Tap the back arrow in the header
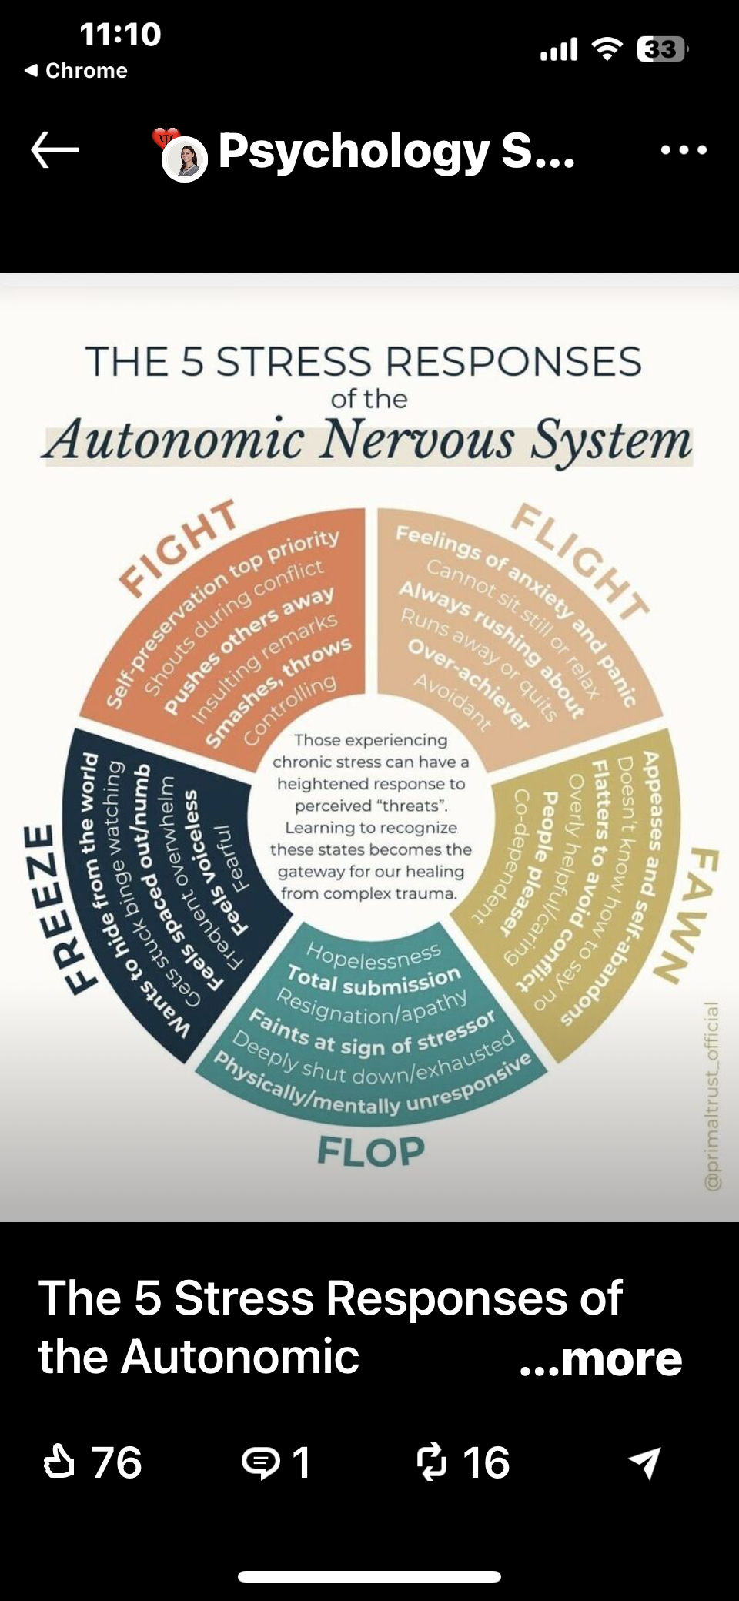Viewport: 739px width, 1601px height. coord(55,149)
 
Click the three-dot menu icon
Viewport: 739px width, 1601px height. coord(684,150)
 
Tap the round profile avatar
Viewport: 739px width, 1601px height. coord(185,159)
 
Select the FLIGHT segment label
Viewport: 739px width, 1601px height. coord(581,560)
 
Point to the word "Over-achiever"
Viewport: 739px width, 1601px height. coord(468,685)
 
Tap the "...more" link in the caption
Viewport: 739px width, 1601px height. coord(600,1358)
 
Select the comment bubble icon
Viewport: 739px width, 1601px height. coord(261,1462)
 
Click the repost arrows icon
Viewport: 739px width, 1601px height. coord(431,1462)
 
